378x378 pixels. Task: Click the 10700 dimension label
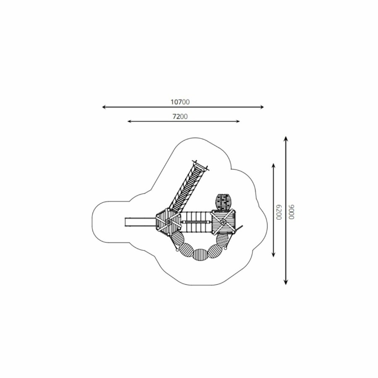[x=180, y=102]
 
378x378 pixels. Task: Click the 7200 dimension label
[x=180, y=116]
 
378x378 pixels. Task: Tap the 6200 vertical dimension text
[x=278, y=212]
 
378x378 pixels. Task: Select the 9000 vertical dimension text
[x=291, y=212]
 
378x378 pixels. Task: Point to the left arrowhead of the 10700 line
[x=105, y=107]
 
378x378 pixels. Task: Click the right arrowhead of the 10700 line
[x=262, y=107]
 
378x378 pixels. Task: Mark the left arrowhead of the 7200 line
[x=129, y=121]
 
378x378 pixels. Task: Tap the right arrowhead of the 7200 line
[x=238, y=121]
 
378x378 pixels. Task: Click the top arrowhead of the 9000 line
[x=286, y=139]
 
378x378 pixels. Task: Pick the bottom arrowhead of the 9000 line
[x=286, y=282]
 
